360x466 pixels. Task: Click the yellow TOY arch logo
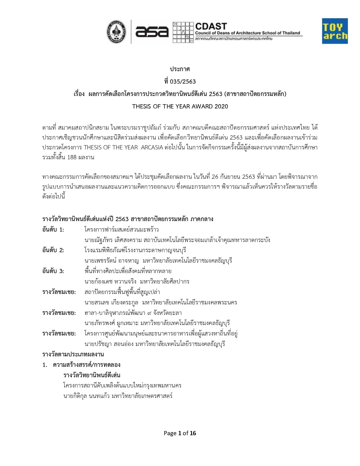335,31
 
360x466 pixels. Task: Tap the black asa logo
152,32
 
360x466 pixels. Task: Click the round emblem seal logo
116,32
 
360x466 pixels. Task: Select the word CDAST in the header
211,26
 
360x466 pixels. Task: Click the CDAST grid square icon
183,32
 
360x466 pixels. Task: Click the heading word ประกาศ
180,69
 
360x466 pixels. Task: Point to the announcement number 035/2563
183,82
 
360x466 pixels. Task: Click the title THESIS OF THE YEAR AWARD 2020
180,106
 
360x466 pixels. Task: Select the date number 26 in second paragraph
215,177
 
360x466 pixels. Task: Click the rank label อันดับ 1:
53,230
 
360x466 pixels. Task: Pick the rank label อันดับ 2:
53,250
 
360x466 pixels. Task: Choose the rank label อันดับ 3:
53,271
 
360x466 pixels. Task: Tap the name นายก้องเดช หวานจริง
110,282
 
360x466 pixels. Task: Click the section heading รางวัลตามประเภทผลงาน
73,354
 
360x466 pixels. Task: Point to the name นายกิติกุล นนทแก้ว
86,396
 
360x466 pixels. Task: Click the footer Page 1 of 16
180,433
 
